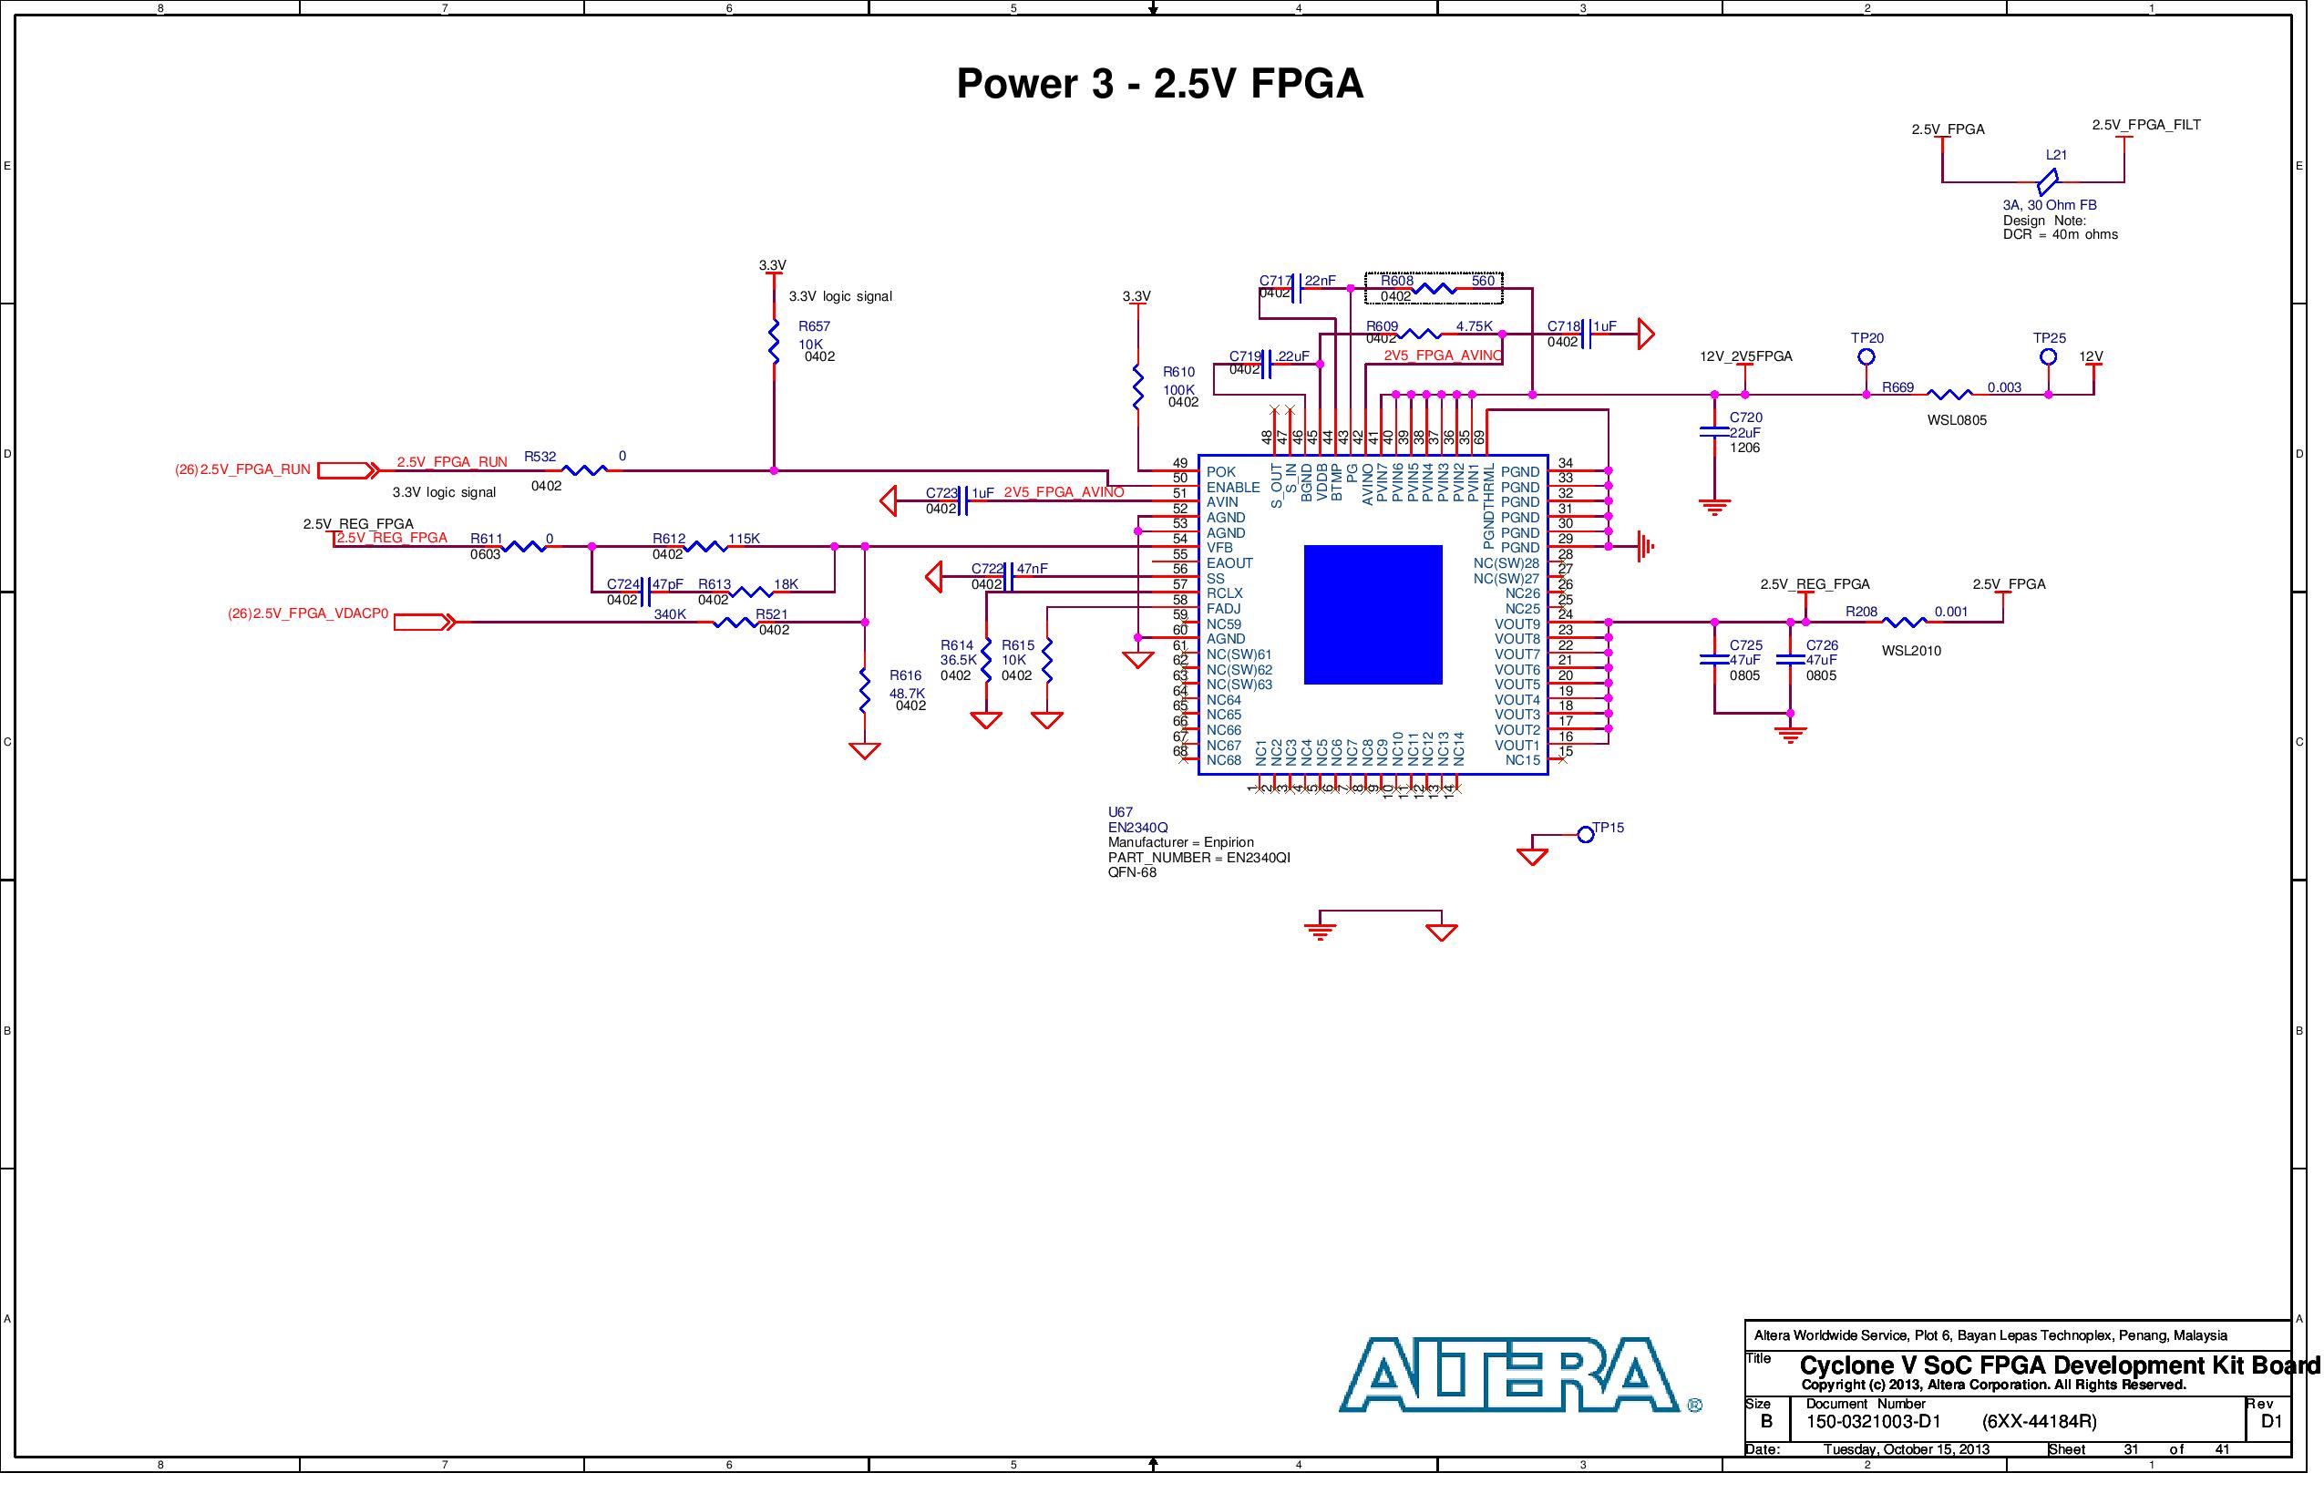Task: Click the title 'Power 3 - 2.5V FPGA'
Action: pos(1159,84)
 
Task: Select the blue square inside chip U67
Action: pos(1373,614)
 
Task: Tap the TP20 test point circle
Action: pos(1866,356)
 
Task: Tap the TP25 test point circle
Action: pos(2049,356)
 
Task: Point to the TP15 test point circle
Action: pos(1586,834)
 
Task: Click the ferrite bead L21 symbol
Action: pos(2048,180)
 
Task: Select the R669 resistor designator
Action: pos(1897,387)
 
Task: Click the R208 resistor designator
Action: pos(1861,613)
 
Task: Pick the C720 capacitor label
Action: pos(1746,417)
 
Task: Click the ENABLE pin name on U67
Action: pos(1232,488)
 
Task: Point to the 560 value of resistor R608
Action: pos(1482,282)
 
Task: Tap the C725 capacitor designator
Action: pos(1746,645)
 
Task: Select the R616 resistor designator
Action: pos(905,675)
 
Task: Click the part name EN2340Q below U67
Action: pos(1137,828)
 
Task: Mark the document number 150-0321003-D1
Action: pos(1873,1422)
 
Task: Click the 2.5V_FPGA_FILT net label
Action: pos(2146,125)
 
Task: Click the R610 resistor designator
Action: pos(1178,372)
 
